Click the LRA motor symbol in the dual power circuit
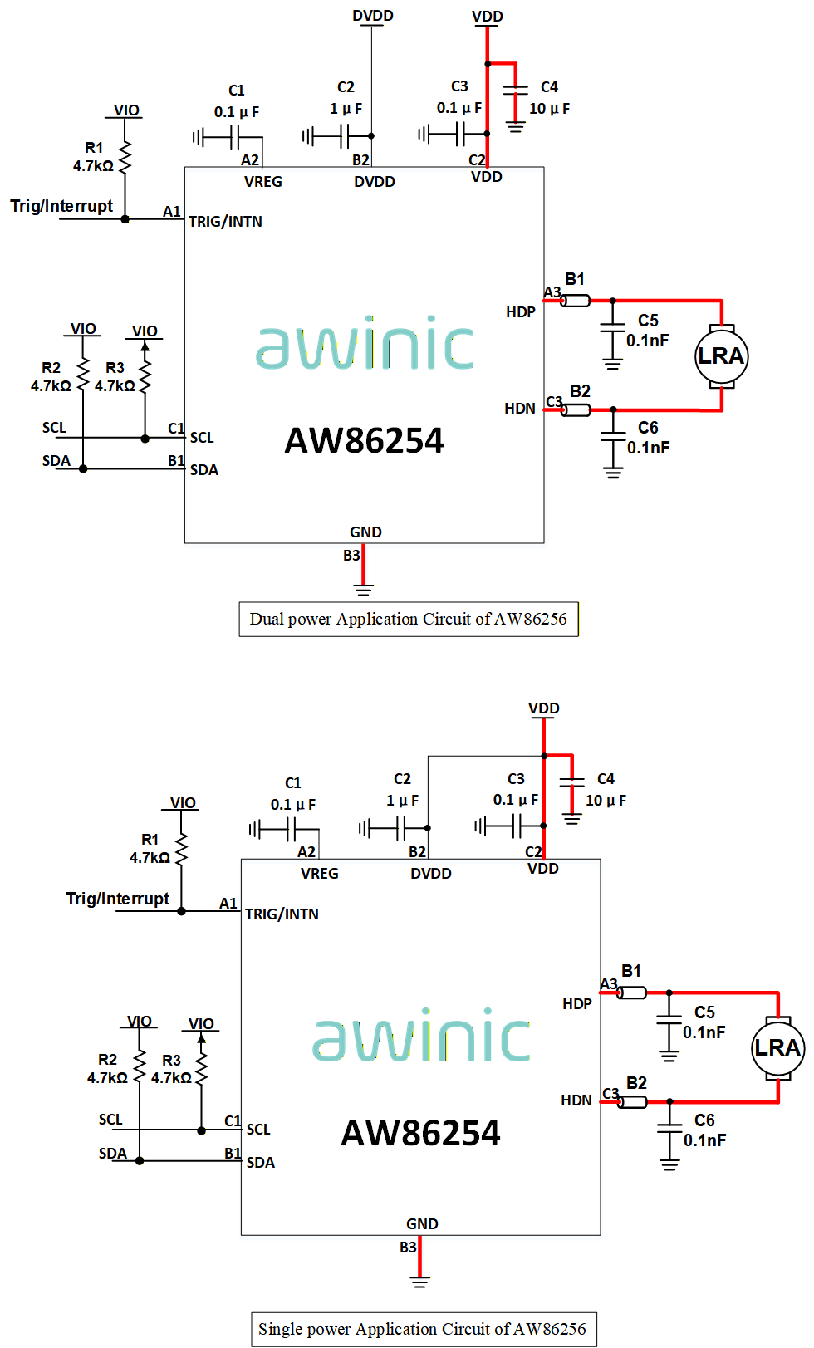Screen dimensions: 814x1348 pyautogui.click(x=721, y=356)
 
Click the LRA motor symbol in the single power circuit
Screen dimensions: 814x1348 pyautogui.click(x=778, y=1048)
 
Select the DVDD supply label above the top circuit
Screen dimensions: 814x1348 pyautogui.click(x=372, y=16)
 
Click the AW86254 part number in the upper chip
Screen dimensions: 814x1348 pyautogui.click(x=364, y=440)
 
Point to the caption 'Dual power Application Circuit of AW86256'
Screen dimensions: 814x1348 pyautogui.click(x=409, y=620)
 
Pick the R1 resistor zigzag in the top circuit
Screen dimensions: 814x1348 pyautogui.click(x=125, y=158)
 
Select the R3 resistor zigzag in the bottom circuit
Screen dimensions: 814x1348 pyautogui.click(x=202, y=1069)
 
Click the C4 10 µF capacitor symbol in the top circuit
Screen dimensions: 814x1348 pyautogui.click(x=515, y=91)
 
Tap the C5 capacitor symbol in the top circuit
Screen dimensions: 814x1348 pyautogui.click(x=612, y=328)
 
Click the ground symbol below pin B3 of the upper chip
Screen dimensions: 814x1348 pyautogui.click(x=363, y=589)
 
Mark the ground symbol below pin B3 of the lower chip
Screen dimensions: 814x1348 pyautogui.click(x=420, y=1282)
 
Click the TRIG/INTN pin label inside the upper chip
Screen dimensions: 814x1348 pyautogui.click(x=226, y=222)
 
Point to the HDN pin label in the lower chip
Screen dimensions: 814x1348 pyautogui.click(x=576, y=1100)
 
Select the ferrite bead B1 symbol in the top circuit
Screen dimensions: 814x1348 pyautogui.click(x=575, y=301)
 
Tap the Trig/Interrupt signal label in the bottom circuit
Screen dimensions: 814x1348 pyautogui.click(x=118, y=899)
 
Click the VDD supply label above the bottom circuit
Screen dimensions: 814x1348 pyautogui.click(x=544, y=708)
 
